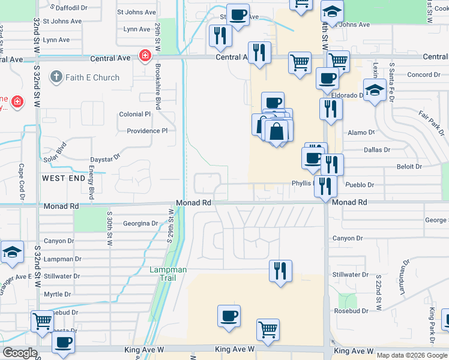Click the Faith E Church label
point(92,77)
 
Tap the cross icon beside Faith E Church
point(56,77)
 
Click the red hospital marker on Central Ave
point(145,57)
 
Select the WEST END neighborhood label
point(64,179)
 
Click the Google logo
point(20,353)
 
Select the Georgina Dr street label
point(140,223)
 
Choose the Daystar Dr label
point(105,157)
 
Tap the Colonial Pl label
point(135,114)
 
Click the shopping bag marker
point(276,131)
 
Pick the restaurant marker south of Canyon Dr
point(279,271)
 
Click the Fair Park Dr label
point(430,122)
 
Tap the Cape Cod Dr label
point(21,179)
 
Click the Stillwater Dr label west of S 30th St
point(62,277)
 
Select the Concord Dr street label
point(424,75)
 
